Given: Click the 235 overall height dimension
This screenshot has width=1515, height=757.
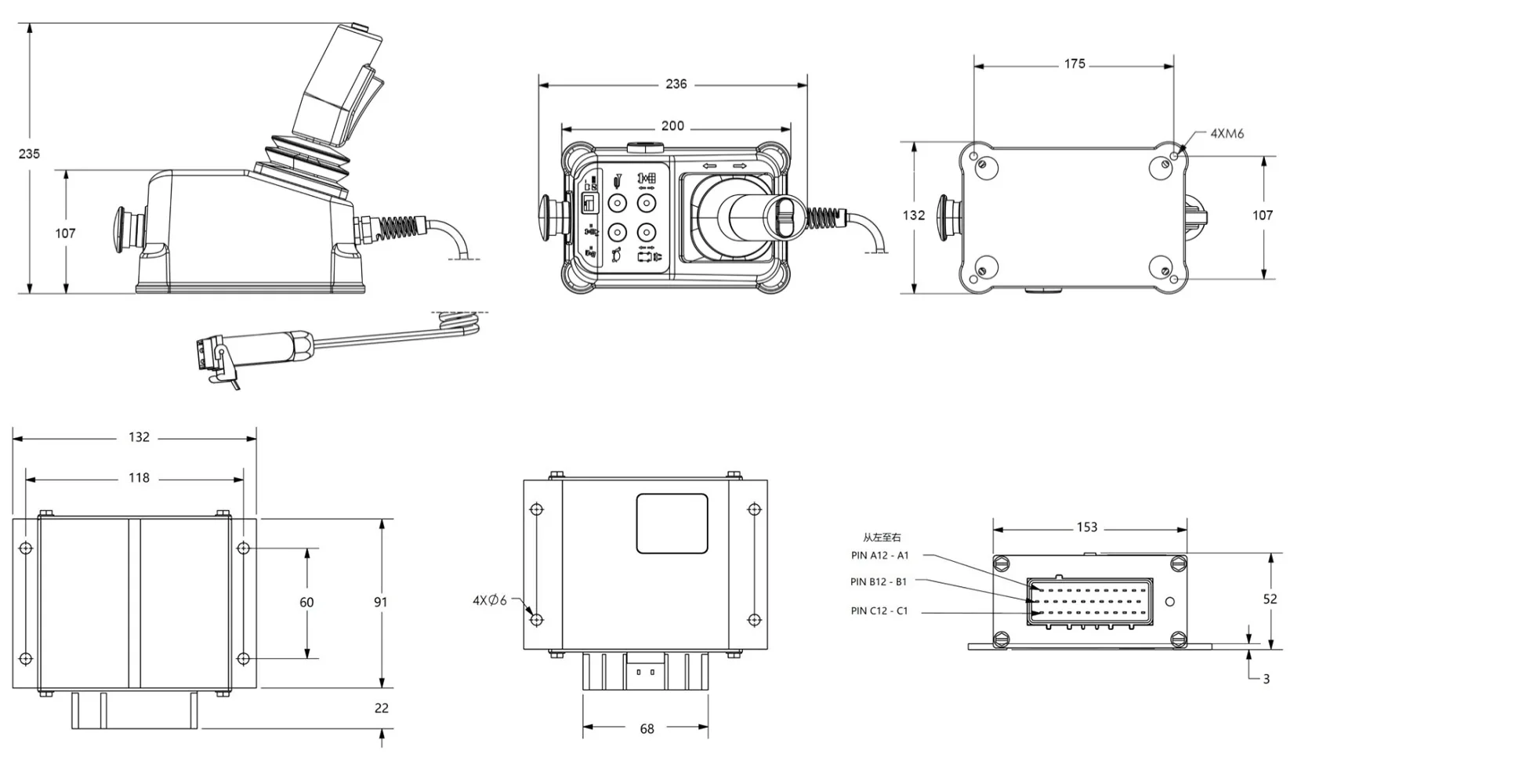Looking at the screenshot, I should click(29, 154).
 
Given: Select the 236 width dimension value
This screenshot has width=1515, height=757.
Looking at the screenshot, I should click(676, 84).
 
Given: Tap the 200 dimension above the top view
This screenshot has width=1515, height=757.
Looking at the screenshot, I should click(672, 125).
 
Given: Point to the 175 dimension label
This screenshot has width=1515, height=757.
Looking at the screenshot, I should click(1075, 63).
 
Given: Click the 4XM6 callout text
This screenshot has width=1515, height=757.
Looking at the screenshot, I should click(1227, 133).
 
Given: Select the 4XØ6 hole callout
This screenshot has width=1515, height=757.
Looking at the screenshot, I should click(489, 600).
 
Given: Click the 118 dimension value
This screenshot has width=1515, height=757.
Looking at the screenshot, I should click(139, 477).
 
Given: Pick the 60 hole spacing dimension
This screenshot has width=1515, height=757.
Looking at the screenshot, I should click(306, 602).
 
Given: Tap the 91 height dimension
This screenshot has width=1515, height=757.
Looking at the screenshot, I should click(381, 602).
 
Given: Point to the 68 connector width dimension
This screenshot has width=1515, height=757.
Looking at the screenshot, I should click(647, 729).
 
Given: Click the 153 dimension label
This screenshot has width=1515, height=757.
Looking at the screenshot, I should click(1086, 527).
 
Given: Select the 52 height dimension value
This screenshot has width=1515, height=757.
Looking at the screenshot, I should click(1270, 599).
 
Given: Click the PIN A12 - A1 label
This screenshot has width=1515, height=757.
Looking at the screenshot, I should click(879, 556).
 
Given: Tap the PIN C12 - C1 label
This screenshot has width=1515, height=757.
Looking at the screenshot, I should click(879, 610).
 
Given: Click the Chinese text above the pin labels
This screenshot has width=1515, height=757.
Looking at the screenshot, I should click(882, 538).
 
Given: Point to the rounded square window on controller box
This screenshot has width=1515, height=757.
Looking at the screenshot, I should click(672, 523).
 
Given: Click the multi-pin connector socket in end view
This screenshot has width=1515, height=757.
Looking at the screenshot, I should click(1089, 601).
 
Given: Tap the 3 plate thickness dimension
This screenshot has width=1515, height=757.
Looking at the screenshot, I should click(1266, 679).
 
